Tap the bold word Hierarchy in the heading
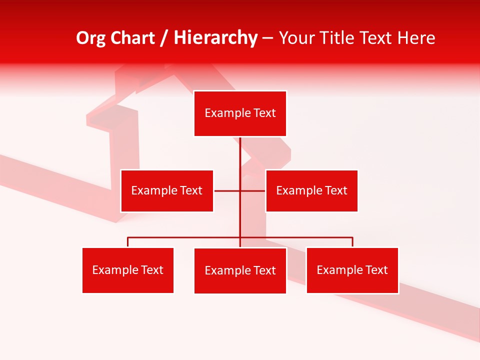tap(215, 38)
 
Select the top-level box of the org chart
tap(240, 113)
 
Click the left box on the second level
tap(167, 190)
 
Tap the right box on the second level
tap(311, 190)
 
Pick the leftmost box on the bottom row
tap(128, 270)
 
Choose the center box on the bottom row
tap(240, 270)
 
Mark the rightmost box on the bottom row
tap(352, 270)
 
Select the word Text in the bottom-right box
tap(377, 270)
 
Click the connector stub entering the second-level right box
tap(253, 190)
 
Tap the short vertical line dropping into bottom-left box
tap(128, 242)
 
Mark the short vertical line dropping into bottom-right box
tap(352, 242)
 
